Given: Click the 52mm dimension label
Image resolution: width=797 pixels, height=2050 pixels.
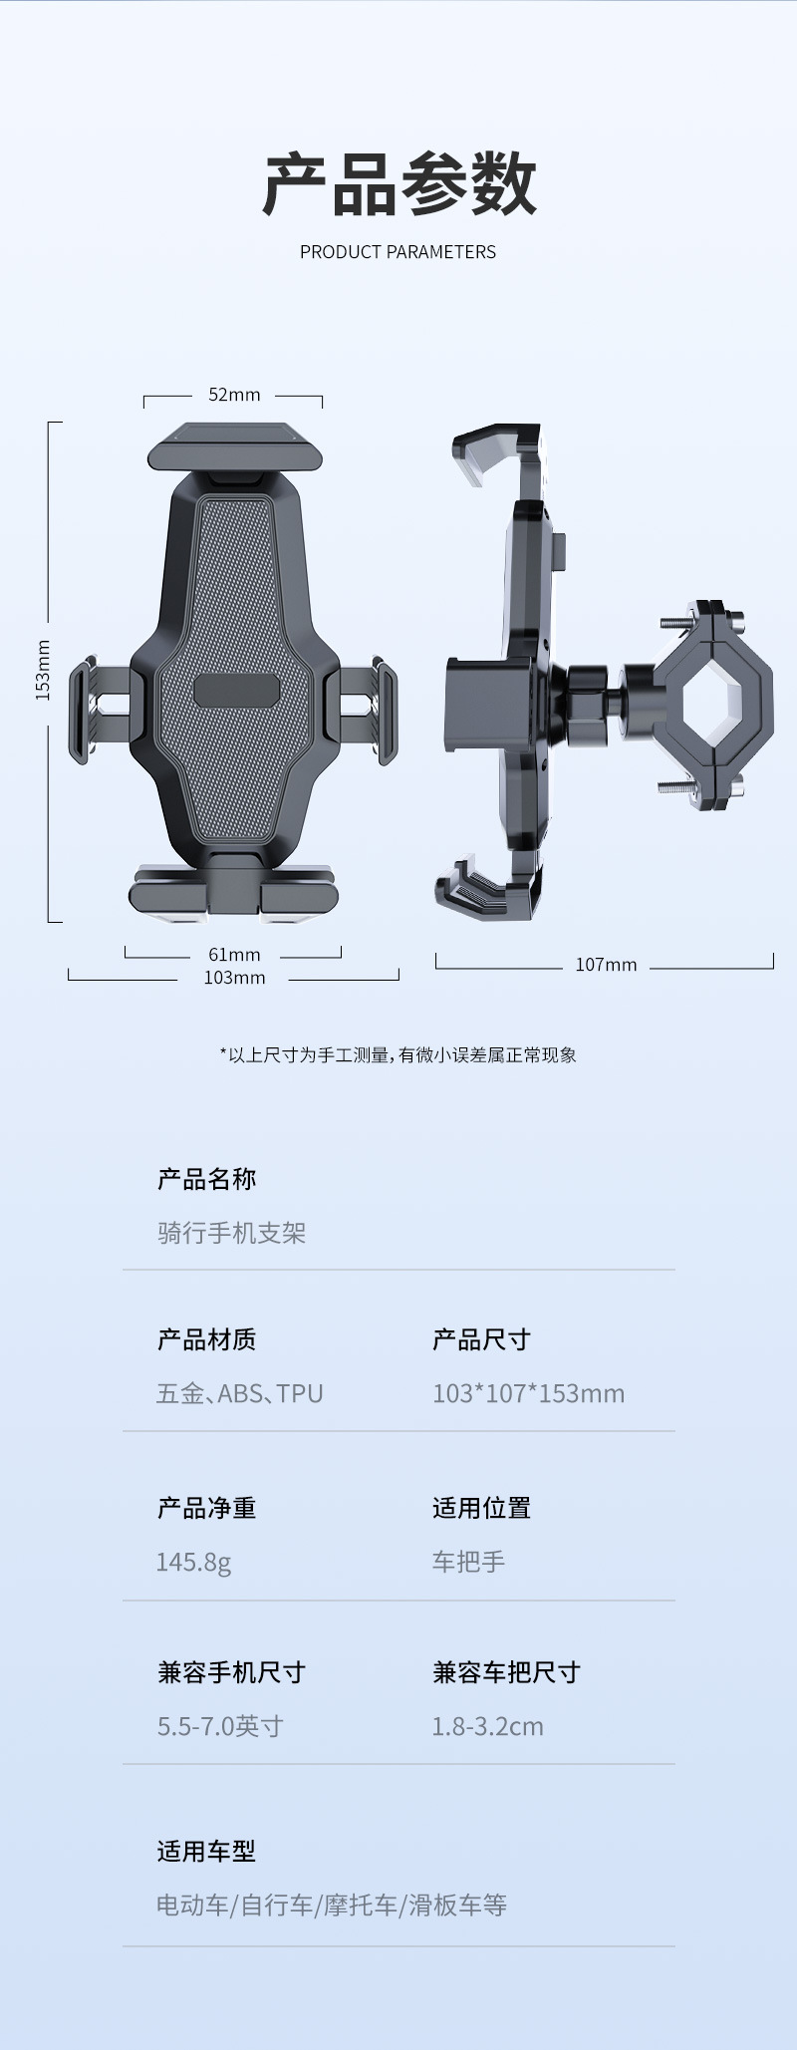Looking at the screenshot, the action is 234,395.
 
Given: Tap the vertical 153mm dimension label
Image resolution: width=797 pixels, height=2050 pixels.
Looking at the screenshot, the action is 43,670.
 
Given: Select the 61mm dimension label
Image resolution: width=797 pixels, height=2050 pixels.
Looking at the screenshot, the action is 234,955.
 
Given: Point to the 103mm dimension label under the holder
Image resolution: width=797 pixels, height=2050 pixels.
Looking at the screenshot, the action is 234,978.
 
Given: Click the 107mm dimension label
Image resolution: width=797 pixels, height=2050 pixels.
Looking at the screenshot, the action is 606,965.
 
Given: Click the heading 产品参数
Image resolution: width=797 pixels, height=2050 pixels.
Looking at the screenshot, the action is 398,185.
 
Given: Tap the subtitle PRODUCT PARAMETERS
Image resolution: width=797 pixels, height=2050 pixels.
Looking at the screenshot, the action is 398,252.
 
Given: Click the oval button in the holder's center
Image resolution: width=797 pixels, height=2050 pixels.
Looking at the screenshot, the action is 236,690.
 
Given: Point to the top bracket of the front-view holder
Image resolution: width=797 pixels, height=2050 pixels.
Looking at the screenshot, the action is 235,449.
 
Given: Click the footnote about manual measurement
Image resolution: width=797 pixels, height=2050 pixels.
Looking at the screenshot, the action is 398,1055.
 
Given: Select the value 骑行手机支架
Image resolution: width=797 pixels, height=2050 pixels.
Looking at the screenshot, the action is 231,1233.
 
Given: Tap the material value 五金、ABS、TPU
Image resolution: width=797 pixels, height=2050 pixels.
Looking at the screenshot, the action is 239,1393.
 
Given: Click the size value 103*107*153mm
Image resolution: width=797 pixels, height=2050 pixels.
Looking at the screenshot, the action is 528,1393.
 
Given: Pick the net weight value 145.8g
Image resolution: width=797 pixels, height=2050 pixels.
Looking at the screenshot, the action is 193,1562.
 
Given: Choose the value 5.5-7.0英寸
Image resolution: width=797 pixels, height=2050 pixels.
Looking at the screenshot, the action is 220,1726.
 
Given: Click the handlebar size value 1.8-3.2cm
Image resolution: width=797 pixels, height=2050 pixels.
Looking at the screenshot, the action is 487,1726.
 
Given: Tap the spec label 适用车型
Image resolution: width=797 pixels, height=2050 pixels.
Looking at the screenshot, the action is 206,1851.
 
